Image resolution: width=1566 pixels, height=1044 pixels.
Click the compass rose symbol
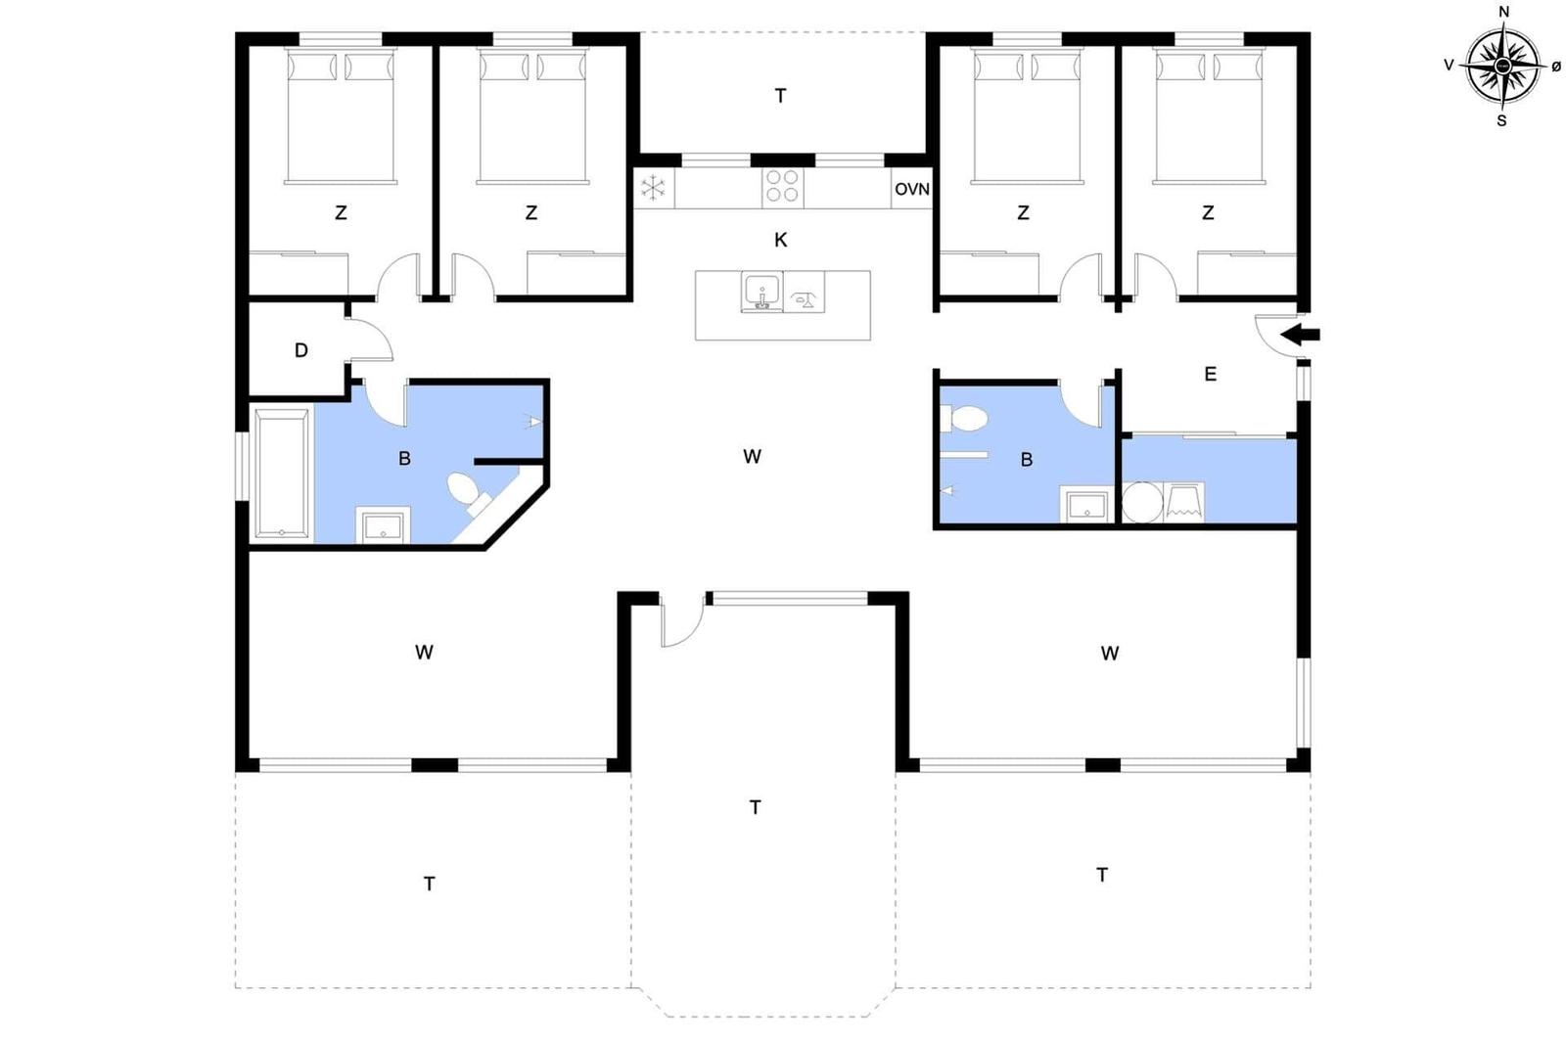[1502, 67]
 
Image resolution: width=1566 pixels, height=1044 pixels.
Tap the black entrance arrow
[1301, 336]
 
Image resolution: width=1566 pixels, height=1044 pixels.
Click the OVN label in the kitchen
[911, 189]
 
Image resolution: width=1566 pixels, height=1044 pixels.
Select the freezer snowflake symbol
[653, 188]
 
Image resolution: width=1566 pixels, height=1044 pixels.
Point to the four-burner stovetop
[782, 186]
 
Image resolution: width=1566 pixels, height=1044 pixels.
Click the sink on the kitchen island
[761, 292]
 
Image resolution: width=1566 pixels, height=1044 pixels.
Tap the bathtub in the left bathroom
[282, 474]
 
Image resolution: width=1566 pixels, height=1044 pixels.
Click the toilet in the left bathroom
[464, 489]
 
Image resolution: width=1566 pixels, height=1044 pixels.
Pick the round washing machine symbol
[1141, 503]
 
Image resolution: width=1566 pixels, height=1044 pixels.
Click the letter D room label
[301, 350]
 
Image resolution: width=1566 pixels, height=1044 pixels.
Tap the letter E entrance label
[1211, 374]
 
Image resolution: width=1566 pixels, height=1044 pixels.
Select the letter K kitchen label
[780, 240]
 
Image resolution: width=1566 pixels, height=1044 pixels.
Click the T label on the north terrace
[780, 96]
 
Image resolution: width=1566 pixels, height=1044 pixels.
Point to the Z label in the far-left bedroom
[341, 212]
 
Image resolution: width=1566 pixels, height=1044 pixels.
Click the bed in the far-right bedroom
[1209, 117]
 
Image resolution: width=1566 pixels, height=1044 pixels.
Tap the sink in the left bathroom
[383, 525]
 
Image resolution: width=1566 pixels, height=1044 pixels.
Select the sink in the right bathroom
[1086, 505]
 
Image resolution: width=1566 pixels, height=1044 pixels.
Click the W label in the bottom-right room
[1109, 654]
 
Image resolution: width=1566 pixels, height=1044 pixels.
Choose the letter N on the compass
[1504, 12]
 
